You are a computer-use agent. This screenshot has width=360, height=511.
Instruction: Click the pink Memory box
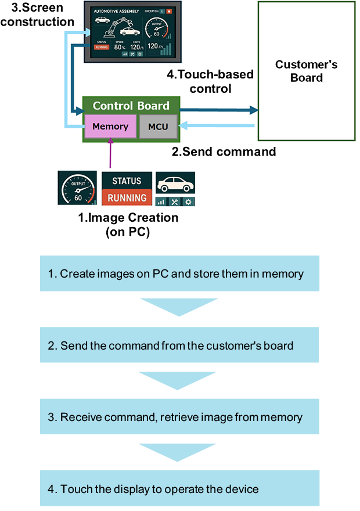coord(110,126)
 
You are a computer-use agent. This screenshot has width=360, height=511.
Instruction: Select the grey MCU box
coord(158,126)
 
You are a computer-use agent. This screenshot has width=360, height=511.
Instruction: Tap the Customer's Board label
coord(306,71)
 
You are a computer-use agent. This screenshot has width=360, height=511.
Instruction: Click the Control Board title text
coord(131,106)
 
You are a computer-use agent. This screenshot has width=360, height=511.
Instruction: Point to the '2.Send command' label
coord(224,152)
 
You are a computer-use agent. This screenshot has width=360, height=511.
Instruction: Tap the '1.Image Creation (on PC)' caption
coord(128,224)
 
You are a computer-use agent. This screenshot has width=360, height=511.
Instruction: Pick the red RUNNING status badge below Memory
coord(127,197)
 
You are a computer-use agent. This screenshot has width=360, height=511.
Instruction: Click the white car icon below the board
coord(175,184)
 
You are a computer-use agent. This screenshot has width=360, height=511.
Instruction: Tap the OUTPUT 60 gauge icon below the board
coord(77,188)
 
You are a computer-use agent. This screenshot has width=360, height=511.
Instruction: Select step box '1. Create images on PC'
coord(179,273)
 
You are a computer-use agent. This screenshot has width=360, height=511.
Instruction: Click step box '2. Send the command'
coord(179,346)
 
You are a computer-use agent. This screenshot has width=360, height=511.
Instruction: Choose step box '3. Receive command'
coord(179,417)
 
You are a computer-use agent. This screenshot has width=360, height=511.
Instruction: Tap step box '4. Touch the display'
coord(179,489)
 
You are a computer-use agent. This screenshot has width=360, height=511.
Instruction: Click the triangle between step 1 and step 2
coord(179,306)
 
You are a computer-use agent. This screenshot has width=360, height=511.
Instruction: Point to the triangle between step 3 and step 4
coord(179,451)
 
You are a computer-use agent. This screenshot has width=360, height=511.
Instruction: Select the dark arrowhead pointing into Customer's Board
coord(252,110)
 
